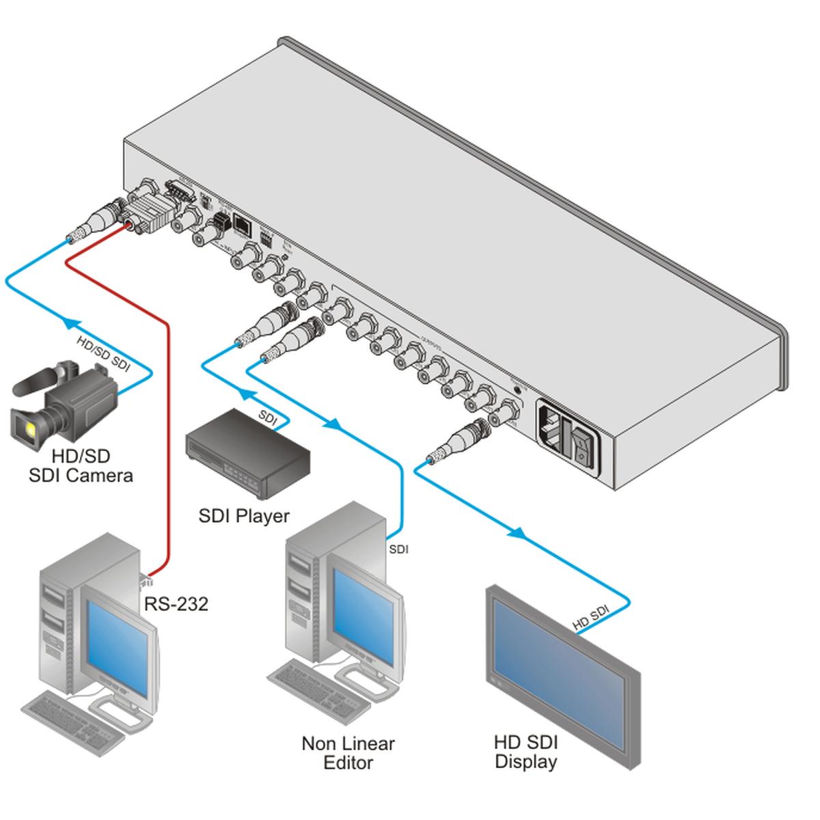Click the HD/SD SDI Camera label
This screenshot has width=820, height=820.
[81, 465]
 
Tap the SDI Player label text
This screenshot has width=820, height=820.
[244, 516]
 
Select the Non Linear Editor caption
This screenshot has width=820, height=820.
[348, 752]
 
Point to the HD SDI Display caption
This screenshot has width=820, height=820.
[526, 752]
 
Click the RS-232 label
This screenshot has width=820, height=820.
[176, 603]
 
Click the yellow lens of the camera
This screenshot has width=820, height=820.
[31, 428]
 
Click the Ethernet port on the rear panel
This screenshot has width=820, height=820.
[243, 223]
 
